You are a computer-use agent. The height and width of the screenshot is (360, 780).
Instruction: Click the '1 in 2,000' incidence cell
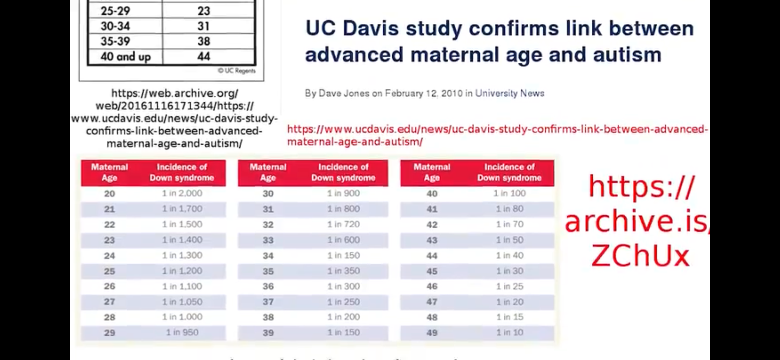click(182, 193)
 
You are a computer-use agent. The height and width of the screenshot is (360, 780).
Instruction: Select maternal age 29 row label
click(109, 333)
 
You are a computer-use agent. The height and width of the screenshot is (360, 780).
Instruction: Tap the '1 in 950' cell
click(182, 332)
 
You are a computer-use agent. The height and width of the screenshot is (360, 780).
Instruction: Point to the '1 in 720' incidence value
click(343, 224)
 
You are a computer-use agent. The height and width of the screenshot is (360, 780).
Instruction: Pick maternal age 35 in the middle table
click(268, 271)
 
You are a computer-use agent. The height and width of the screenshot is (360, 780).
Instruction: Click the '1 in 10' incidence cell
click(509, 332)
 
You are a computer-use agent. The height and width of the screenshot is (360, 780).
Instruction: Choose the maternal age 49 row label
click(432, 333)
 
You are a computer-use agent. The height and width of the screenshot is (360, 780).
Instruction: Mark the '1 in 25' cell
click(509, 286)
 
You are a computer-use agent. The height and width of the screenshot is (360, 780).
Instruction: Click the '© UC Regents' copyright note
click(237, 71)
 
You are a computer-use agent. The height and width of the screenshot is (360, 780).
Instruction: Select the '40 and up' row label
click(125, 57)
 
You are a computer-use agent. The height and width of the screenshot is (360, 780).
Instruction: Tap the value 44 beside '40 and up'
click(204, 57)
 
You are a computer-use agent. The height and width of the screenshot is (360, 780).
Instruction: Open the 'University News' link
click(509, 93)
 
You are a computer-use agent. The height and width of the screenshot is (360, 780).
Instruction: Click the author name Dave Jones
click(344, 93)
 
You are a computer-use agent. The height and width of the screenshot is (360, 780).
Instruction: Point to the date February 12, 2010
click(423, 93)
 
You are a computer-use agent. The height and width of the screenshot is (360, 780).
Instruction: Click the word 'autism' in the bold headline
click(627, 54)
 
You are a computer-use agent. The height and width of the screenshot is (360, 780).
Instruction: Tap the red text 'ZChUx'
click(640, 256)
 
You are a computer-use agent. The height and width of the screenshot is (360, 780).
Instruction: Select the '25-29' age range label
click(115, 11)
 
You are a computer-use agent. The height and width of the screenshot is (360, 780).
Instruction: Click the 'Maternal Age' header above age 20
click(109, 172)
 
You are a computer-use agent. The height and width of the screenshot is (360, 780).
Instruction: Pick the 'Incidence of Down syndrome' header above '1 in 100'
click(509, 172)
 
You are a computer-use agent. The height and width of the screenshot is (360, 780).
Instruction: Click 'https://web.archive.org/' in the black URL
click(175, 93)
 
